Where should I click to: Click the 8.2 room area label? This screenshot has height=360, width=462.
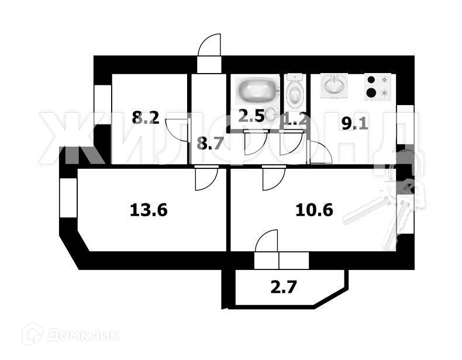tap(146, 118)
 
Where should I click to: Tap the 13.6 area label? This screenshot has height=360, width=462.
tap(149, 209)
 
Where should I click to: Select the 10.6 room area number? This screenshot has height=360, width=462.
tap(315, 209)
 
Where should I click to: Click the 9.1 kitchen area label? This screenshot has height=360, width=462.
tap(355, 123)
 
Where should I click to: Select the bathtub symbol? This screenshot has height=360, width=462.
tap(256, 90)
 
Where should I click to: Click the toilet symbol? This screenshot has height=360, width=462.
tap(294, 90)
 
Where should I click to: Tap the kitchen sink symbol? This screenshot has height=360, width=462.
tap(334, 86)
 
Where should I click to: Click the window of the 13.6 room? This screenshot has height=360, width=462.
tap(68, 198)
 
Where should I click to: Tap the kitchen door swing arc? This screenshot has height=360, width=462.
tap(320, 153)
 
